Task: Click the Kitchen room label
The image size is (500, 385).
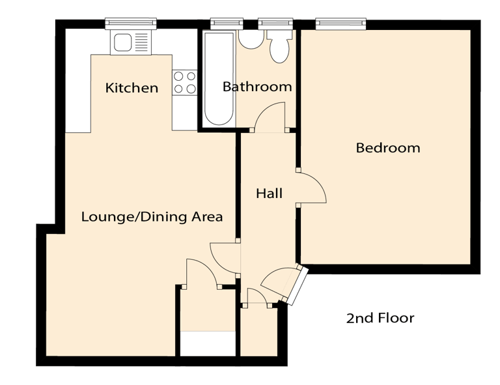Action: (x=132, y=88)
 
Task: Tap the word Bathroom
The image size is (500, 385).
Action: (x=257, y=87)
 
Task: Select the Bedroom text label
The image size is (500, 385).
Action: (x=388, y=148)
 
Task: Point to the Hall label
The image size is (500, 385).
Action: (x=269, y=193)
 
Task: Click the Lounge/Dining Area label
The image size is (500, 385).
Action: (x=152, y=217)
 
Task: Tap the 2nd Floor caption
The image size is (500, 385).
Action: (x=380, y=318)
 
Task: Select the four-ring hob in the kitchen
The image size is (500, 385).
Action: (x=184, y=83)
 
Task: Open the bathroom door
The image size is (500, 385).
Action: (x=268, y=119)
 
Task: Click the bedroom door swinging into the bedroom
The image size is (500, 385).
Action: (x=311, y=188)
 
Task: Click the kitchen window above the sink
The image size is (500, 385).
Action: (x=132, y=23)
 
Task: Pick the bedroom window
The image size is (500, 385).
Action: (x=342, y=23)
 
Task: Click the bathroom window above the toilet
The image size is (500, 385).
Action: (x=277, y=23)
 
